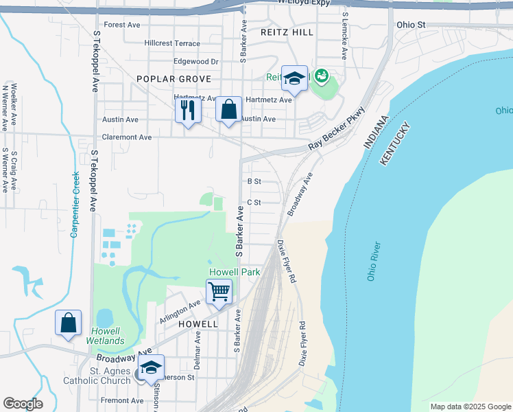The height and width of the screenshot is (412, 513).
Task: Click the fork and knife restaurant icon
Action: (x=188, y=110)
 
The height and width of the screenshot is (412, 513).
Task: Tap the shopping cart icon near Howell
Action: (x=219, y=291)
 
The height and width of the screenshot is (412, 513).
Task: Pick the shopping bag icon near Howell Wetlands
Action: (x=69, y=323)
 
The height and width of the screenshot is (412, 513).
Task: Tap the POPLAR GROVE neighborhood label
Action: (x=164, y=79)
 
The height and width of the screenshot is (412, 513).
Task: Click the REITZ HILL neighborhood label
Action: (x=287, y=32)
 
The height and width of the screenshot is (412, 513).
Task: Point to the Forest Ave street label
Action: (x=122, y=25)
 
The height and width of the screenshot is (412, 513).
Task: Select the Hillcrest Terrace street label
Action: (x=172, y=43)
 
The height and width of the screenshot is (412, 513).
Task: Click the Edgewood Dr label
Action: (x=195, y=61)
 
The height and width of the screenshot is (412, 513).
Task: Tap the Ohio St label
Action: (x=411, y=25)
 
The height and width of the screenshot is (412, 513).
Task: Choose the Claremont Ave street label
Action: (x=127, y=137)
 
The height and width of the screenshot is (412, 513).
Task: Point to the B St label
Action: (x=254, y=181)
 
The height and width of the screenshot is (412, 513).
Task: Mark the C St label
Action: (x=254, y=203)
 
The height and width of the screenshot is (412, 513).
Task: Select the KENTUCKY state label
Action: (x=394, y=144)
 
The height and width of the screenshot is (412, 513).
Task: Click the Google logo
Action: (x=23, y=404)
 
